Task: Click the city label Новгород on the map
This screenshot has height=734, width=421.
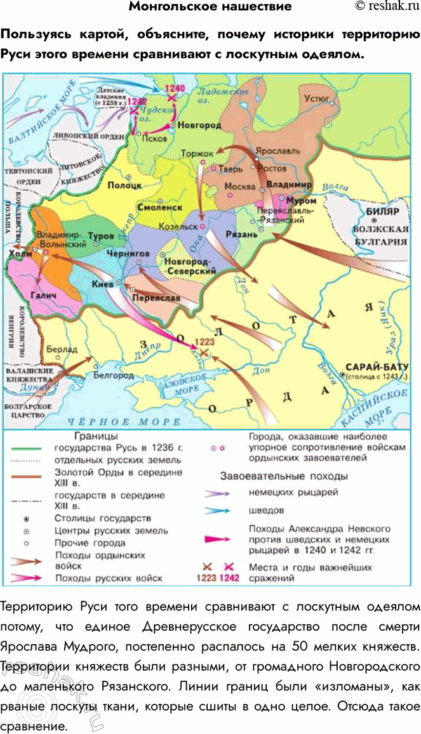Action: (199, 126)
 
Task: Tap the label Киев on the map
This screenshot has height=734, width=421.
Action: (104, 285)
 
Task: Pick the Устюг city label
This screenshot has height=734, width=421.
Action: (317, 100)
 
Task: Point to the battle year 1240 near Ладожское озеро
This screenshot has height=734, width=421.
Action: (173, 88)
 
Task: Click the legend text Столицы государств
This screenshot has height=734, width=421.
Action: (103, 518)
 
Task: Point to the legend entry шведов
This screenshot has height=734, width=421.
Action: (261, 509)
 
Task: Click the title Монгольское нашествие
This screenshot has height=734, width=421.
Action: (210, 7)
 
